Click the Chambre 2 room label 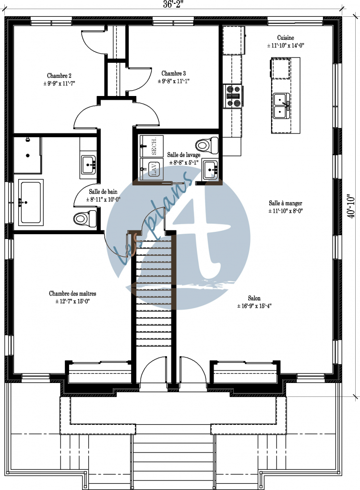click(x=60, y=76)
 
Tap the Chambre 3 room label click(x=173, y=73)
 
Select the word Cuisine click(x=286, y=38)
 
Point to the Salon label click(x=254, y=298)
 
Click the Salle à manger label click(x=285, y=203)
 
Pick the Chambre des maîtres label click(x=72, y=293)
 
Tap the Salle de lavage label click(x=183, y=155)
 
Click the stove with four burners click(x=234, y=96)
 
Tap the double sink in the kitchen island click(x=281, y=106)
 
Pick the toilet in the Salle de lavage click(x=207, y=144)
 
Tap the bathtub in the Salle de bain click(x=31, y=202)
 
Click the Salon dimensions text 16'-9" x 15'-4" click(x=254, y=306)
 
